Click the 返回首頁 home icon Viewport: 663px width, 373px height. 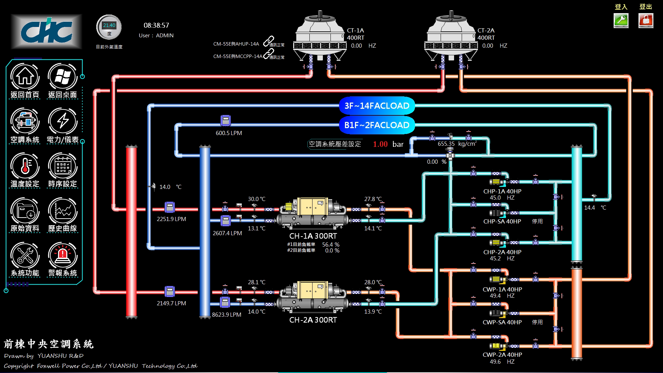click(25, 77)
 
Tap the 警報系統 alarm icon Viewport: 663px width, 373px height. click(63, 256)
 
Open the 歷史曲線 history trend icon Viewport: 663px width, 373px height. click(63, 211)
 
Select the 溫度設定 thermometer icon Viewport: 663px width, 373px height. click(25, 166)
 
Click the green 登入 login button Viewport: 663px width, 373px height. click(621, 20)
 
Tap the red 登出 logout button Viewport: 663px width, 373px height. click(646, 20)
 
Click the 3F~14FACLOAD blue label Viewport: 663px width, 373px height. click(377, 106)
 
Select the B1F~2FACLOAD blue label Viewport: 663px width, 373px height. click(377, 125)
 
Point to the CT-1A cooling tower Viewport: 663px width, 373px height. click(320, 40)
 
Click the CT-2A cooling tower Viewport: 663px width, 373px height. click(451, 40)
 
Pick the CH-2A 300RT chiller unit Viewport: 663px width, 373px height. click(313, 297)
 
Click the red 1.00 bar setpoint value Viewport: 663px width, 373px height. click(380, 144)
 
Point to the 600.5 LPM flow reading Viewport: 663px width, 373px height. click(229, 133)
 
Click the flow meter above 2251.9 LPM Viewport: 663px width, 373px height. click(169, 207)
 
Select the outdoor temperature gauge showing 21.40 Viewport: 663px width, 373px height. click(109, 27)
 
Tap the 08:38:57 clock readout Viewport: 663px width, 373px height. click(156, 25)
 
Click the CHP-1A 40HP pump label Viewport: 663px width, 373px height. click(502, 191)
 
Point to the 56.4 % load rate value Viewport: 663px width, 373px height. click(330, 245)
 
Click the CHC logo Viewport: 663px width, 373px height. click(46, 31)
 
